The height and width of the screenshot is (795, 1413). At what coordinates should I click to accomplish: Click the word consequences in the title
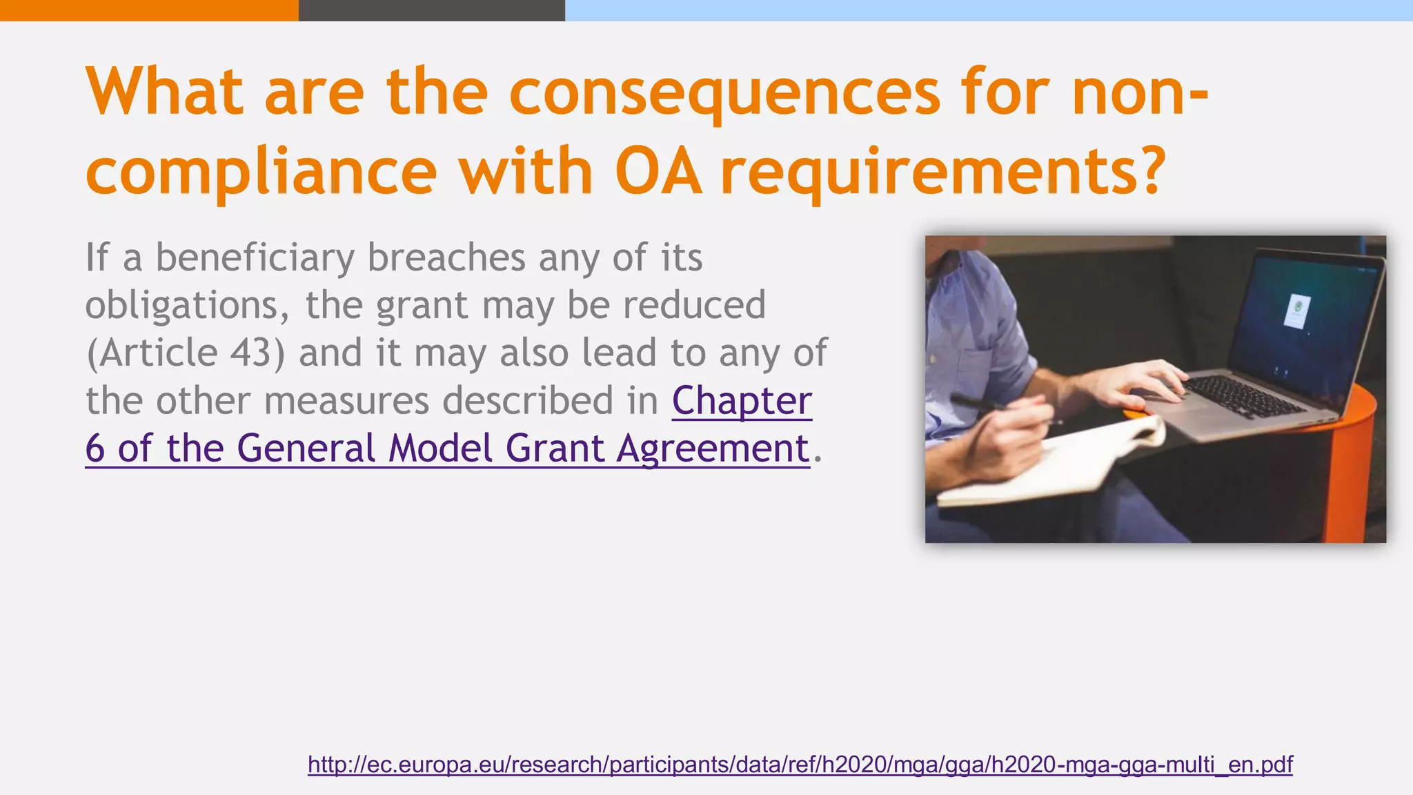pyautogui.click(x=724, y=93)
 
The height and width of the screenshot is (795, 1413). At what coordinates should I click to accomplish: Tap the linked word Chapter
pyautogui.click(x=742, y=401)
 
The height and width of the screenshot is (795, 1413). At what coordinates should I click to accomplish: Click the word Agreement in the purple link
pyautogui.click(x=713, y=449)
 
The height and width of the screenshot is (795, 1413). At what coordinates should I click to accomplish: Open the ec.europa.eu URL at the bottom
pyautogui.click(x=800, y=765)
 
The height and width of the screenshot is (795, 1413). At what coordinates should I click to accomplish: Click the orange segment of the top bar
pyautogui.click(x=149, y=10)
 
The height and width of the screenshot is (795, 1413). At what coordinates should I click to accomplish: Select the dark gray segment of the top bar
pyautogui.click(x=431, y=10)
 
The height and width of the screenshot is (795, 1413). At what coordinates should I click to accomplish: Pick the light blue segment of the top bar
pyautogui.click(x=989, y=10)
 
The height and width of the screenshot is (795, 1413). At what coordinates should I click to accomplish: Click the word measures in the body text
pyautogui.click(x=346, y=401)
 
